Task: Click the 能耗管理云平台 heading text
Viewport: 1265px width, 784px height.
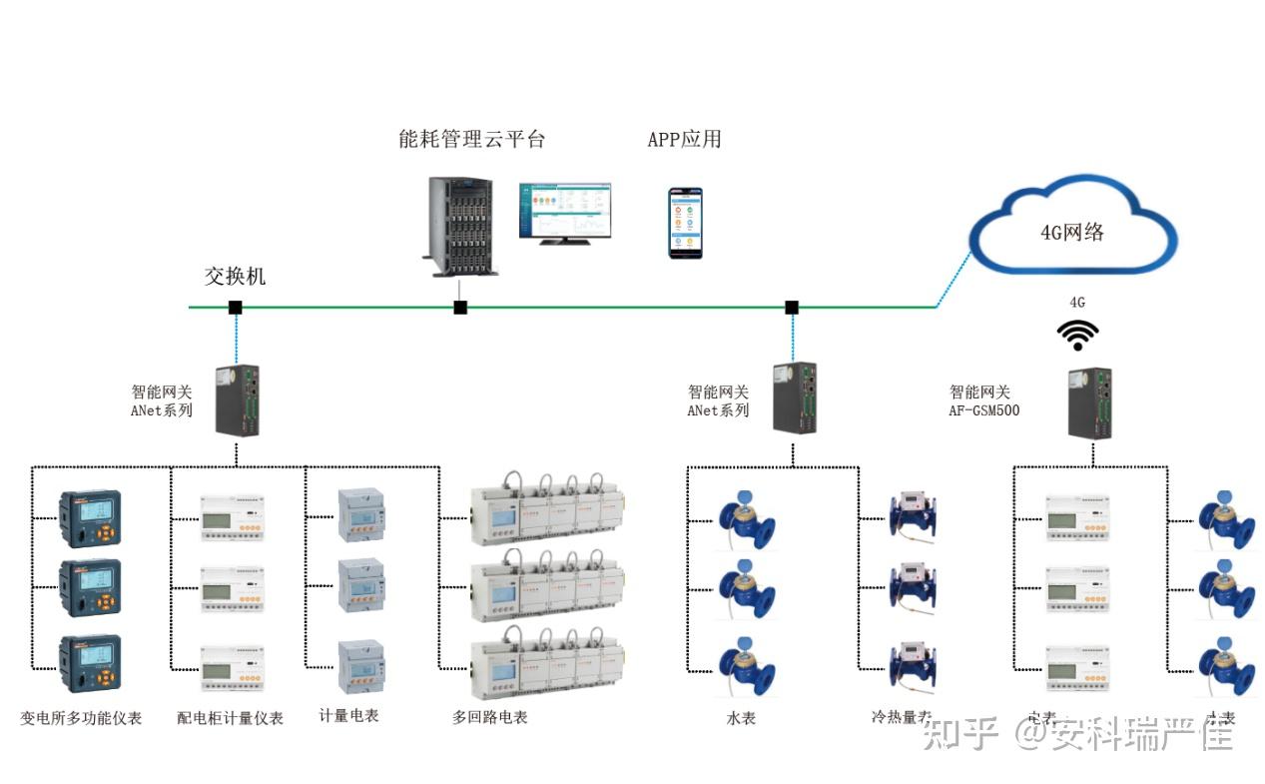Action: [x=471, y=139]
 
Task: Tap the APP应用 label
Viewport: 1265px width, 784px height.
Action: [x=684, y=139]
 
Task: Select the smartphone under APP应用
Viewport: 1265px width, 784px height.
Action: [x=685, y=223]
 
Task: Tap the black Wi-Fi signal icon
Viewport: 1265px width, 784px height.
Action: [x=1078, y=336]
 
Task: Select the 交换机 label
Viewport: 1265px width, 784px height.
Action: [x=236, y=277]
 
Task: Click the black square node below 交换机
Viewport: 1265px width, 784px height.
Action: [x=235, y=308]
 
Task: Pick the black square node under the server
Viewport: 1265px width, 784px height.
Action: [x=460, y=308]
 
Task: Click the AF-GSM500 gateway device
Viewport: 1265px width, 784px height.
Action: [x=1089, y=402]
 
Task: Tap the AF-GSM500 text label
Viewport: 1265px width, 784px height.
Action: [x=983, y=410]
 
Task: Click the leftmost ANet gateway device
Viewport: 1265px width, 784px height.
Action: [x=238, y=399]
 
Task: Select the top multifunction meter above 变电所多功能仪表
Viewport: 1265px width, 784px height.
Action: [x=90, y=519]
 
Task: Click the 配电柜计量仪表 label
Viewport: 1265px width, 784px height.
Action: [x=230, y=717]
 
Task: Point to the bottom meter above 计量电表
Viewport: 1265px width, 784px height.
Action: [x=360, y=666]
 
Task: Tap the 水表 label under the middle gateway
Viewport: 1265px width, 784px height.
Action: [x=741, y=717]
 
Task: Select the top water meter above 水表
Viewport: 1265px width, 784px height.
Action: [x=747, y=516]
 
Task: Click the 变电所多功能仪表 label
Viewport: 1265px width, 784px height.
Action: [x=81, y=717]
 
